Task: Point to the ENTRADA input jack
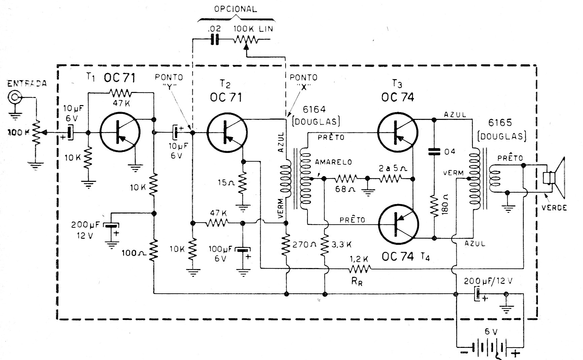[14, 98]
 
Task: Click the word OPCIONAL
[235, 9]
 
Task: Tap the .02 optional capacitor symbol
[215, 40]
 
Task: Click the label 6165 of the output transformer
[500, 123]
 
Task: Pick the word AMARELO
[333, 162]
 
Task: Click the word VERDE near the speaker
[554, 207]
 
